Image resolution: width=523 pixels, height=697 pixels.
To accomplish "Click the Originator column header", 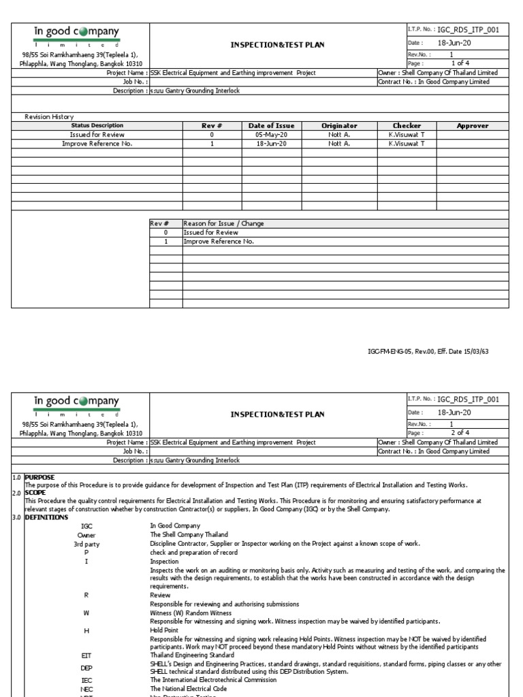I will (x=339, y=126).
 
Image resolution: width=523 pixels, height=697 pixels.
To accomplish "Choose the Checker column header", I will (x=407, y=126).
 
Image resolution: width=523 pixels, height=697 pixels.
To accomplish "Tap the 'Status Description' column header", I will (x=97, y=126).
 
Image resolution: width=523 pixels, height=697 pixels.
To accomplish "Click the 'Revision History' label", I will (x=49, y=117).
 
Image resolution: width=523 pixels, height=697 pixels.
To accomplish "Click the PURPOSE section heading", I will (x=39, y=477).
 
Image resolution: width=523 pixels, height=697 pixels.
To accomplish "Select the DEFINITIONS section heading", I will (x=46, y=517).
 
